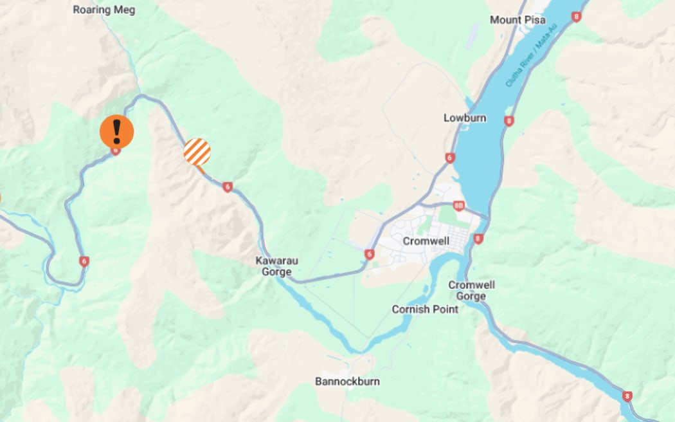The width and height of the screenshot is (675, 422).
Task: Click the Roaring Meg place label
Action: (x=105, y=10)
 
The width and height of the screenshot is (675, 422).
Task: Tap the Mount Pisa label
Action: (x=517, y=20)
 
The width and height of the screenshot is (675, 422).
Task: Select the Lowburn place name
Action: (x=465, y=118)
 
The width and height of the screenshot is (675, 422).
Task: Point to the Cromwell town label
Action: (x=424, y=241)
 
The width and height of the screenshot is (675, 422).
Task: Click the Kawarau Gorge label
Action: (x=277, y=266)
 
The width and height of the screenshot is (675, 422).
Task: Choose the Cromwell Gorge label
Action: (x=471, y=290)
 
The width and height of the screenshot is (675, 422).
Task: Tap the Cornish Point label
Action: (x=425, y=309)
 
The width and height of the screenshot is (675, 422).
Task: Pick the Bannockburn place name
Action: (x=347, y=381)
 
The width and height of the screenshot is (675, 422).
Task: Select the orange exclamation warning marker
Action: (x=116, y=131)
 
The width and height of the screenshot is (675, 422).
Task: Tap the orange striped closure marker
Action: (x=197, y=152)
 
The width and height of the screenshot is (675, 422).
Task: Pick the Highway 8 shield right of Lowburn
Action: (x=509, y=120)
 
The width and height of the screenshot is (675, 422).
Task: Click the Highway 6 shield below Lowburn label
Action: (x=449, y=158)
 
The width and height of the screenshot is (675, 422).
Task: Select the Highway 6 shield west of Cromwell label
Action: (x=369, y=255)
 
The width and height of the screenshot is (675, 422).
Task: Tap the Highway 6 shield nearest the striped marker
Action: (x=227, y=187)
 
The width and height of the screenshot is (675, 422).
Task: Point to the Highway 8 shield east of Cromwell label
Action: (x=478, y=239)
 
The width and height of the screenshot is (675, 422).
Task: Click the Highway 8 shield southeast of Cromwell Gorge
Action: (x=627, y=396)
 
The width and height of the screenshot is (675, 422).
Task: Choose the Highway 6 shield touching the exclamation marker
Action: (x=116, y=151)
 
